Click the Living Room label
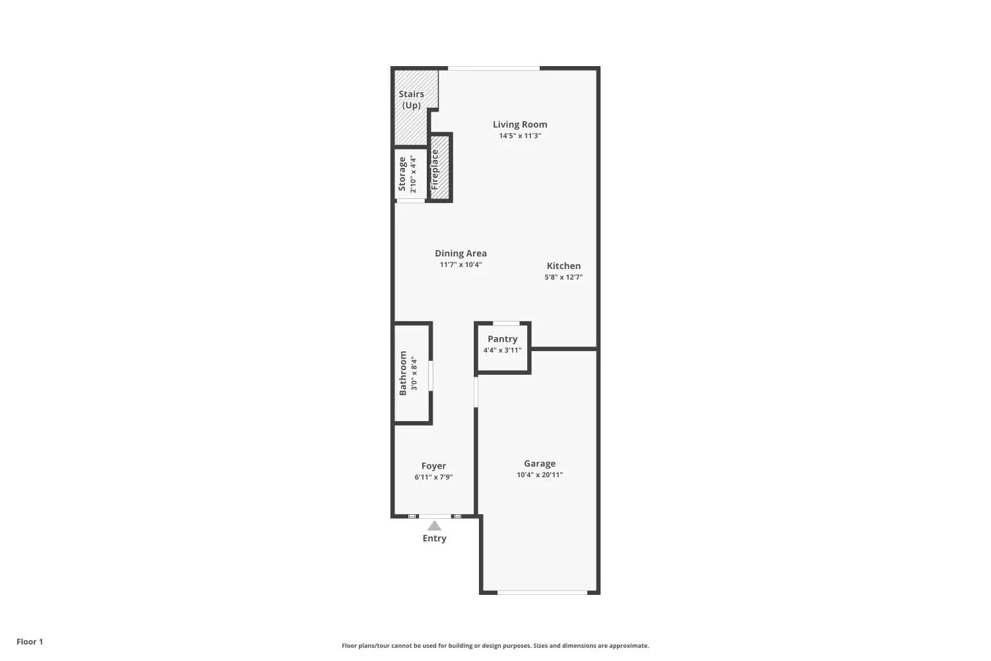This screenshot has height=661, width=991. (x=520, y=124)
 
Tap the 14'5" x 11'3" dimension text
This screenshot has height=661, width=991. (x=520, y=136)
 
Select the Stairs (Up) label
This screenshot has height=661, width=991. (x=412, y=100)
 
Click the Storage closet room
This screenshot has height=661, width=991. (x=411, y=174)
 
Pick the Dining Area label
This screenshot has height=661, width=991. (x=460, y=253)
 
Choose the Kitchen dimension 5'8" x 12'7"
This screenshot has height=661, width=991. (x=564, y=277)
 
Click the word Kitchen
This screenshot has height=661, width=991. (x=564, y=266)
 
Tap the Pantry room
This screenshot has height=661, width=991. (x=503, y=347)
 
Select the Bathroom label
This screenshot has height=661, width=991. (x=403, y=373)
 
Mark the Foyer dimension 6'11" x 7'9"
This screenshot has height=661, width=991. (x=433, y=477)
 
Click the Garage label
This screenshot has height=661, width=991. (x=540, y=463)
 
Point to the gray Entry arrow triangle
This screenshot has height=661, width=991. (x=435, y=525)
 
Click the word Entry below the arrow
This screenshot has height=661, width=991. (x=435, y=538)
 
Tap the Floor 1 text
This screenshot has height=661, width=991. (x=30, y=642)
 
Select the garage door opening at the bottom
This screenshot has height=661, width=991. (x=542, y=592)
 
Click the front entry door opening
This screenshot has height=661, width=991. (x=435, y=516)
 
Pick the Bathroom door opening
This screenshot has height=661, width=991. (x=431, y=376)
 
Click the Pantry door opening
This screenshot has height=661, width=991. (x=506, y=323)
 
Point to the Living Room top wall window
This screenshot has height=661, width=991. (x=494, y=68)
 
